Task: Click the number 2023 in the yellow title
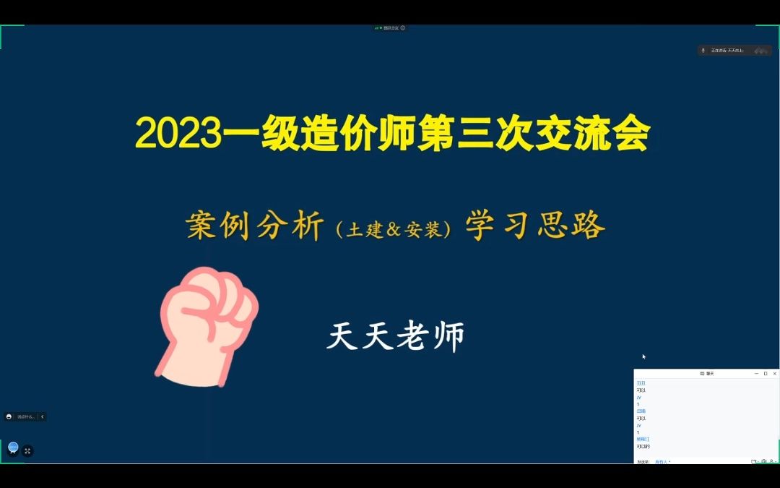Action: (x=178, y=134)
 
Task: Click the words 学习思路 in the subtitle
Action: (x=535, y=226)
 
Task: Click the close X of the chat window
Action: (x=775, y=374)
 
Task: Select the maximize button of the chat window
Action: (x=766, y=374)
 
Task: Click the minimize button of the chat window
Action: (x=756, y=374)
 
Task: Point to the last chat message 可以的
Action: (x=643, y=446)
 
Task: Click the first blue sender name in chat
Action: (x=641, y=383)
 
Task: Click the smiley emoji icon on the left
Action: (x=9, y=416)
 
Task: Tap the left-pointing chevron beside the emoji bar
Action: (x=42, y=416)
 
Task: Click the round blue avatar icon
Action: (x=13, y=448)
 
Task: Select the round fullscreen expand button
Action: (x=27, y=451)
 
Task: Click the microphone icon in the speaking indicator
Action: (x=703, y=51)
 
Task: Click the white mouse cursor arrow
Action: (x=643, y=356)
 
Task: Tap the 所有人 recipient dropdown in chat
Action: (x=662, y=461)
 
